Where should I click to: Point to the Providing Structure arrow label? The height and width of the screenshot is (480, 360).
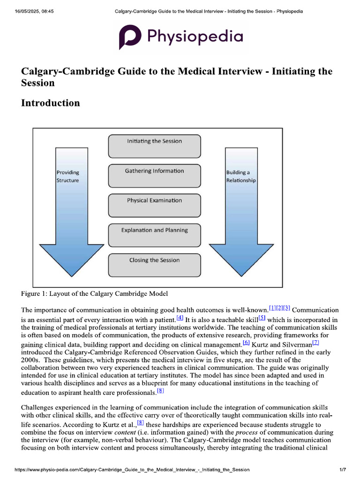68,176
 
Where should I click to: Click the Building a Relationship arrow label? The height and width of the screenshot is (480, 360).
241,176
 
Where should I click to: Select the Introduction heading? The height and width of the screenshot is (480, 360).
51,103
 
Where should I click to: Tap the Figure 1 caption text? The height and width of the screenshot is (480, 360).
94,294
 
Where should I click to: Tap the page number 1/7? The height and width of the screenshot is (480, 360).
342,469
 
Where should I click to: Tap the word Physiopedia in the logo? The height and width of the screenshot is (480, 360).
195,37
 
